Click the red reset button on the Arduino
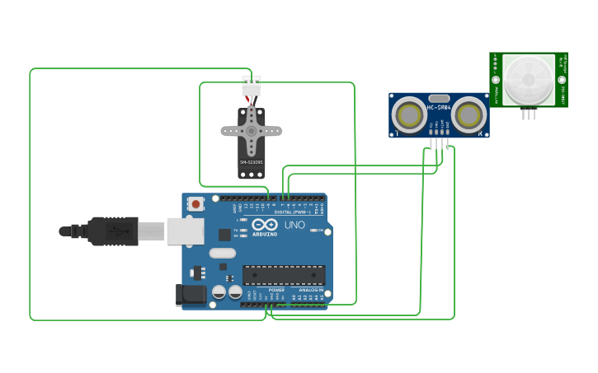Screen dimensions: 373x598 tap(195, 203)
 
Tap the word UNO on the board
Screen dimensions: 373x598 tap(294, 225)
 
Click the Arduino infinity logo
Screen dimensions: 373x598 tap(265, 224)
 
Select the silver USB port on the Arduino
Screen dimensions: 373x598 tap(185, 231)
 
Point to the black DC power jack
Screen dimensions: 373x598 tap(191, 294)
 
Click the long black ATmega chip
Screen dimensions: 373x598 tap(283, 275)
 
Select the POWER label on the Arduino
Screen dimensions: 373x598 tap(276, 290)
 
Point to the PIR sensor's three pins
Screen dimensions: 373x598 tap(528, 114)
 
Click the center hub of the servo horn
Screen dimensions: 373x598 tap(252, 130)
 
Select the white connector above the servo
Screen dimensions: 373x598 tap(251, 85)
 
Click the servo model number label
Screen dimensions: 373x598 tap(252, 162)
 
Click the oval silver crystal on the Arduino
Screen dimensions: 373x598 tap(223, 254)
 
